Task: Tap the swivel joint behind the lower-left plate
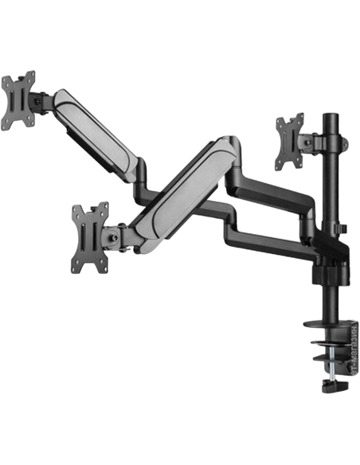115,235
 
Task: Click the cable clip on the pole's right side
342,231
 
